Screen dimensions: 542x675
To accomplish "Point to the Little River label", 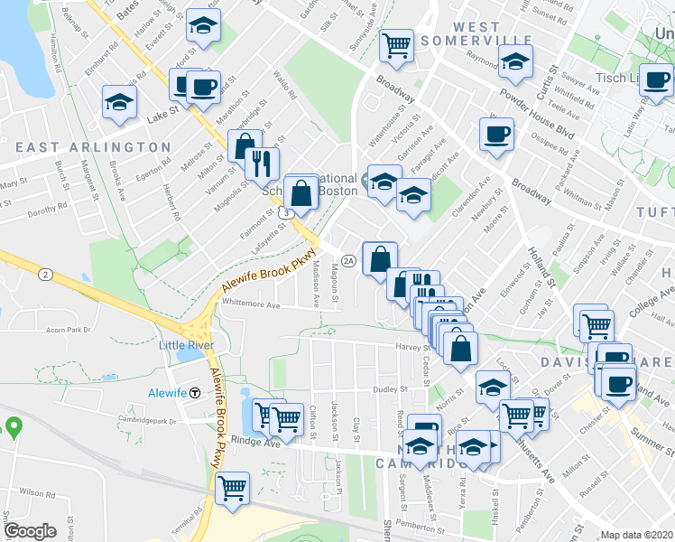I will tap(184, 345).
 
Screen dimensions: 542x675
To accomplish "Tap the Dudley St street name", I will tap(392, 389).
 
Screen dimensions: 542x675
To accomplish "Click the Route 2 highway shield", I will tap(42, 272).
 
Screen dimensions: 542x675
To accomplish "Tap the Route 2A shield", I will tap(349, 261).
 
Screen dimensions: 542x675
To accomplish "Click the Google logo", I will tap(31, 530).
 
